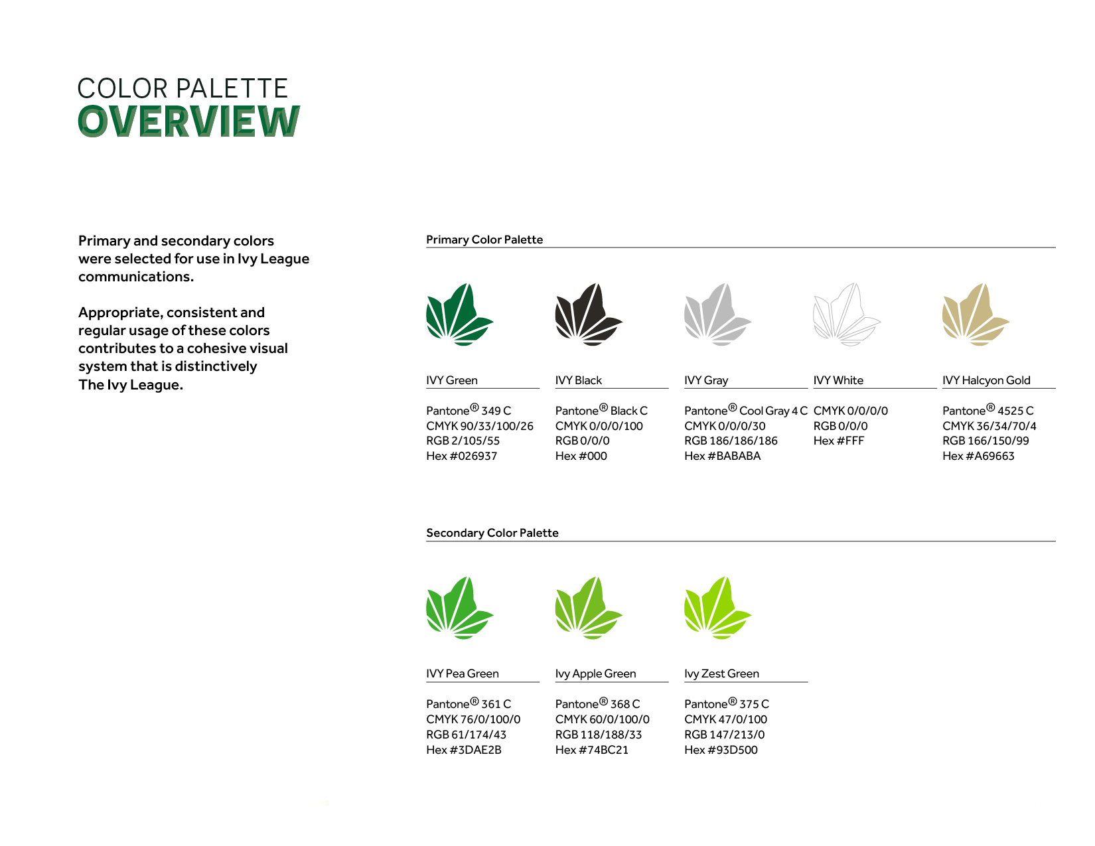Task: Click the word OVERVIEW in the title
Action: tap(189, 121)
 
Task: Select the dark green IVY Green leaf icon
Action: tap(459, 315)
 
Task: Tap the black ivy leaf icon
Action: tap(587, 315)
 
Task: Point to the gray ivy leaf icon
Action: tap(717, 315)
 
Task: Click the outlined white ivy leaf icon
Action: tap(845, 315)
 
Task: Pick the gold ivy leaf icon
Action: tap(975, 315)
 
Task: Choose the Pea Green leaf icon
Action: tap(459, 608)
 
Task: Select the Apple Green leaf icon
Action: tap(587, 608)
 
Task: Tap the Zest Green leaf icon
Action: tap(717, 608)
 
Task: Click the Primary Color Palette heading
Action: tap(484, 240)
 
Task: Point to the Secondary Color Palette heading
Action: tap(492, 533)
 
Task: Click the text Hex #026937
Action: tap(461, 456)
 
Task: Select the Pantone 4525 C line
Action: tap(987, 411)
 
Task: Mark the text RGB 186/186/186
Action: tap(731, 441)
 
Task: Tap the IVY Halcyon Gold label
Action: tap(986, 380)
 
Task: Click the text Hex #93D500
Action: tap(721, 750)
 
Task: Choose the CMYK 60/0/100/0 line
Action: tap(602, 719)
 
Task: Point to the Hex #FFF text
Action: tap(839, 441)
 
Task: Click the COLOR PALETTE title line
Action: tap(183, 88)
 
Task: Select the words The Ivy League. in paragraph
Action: tap(131, 385)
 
